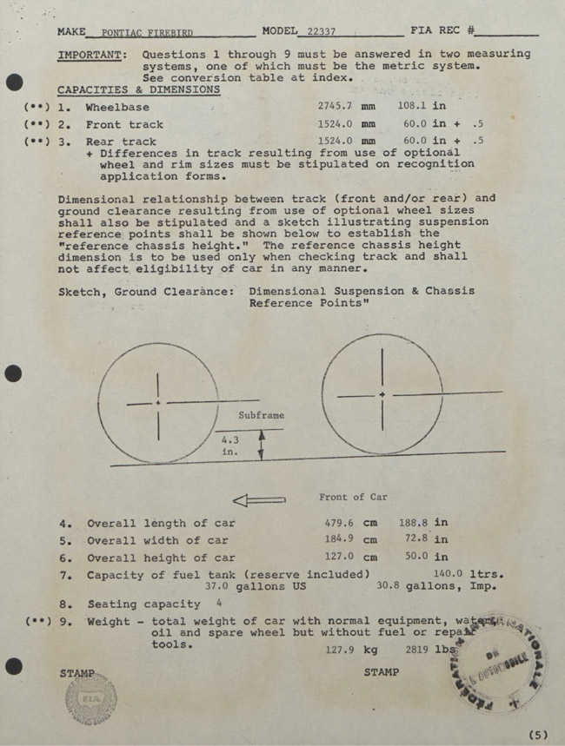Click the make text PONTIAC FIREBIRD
[x=147, y=33]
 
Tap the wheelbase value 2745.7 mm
[x=346, y=107]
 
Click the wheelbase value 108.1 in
[x=422, y=106]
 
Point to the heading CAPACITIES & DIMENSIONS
[x=138, y=89]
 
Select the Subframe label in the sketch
[x=261, y=415]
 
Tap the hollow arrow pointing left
[x=259, y=499]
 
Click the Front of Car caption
[x=353, y=497]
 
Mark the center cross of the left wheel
[x=157, y=403]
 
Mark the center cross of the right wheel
[x=382, y=395]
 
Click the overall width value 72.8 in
[x=423, y=540]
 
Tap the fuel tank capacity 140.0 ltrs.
[x=468, y=573]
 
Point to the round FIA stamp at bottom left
[x=90, y=697]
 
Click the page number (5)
[x=538, y=735]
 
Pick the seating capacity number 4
[x=219, y=602]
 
